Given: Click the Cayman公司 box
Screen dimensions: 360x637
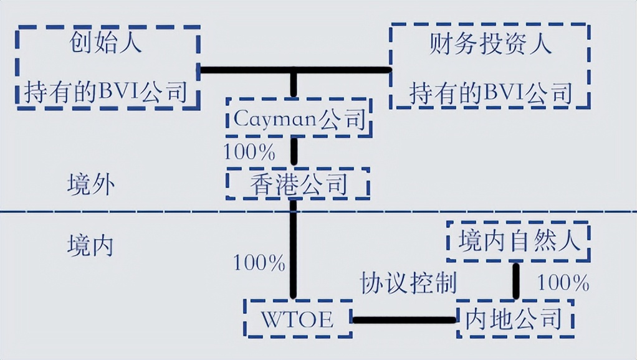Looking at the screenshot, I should (299, 118).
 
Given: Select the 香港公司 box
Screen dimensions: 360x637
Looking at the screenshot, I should (297, 184).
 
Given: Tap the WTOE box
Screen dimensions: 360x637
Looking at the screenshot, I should (297, 320).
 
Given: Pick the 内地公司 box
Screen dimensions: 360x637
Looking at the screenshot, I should (514, 320).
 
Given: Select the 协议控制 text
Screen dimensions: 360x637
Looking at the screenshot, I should (408, 282).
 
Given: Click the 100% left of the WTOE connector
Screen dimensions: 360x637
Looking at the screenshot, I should (259, 262).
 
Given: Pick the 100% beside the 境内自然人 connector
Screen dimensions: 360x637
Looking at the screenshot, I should (563, 283).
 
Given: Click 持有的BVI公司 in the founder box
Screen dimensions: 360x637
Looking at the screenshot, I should (106, 93).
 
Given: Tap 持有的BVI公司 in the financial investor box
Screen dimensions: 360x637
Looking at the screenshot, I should (490, 93).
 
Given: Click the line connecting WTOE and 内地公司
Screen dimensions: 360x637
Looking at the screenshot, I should (404, 320).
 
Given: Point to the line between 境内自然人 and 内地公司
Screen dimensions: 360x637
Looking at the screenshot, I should (516, 281).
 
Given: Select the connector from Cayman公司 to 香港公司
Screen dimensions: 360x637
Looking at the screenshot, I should (295, 152).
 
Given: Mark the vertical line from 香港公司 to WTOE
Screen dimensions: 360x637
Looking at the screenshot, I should (292, 249).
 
